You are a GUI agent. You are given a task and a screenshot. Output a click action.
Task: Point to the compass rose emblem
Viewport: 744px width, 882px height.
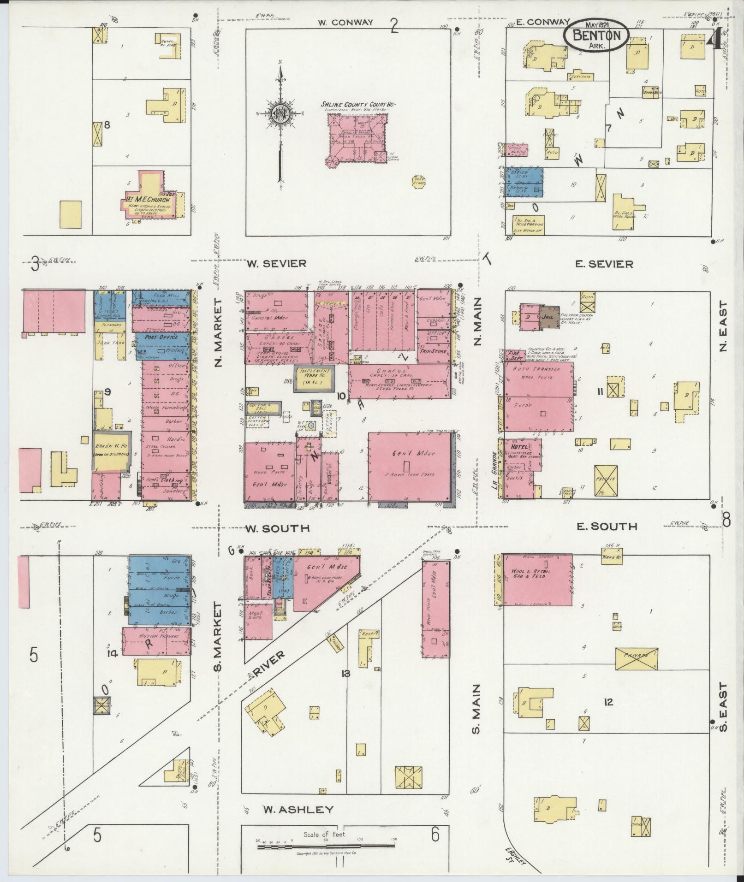280,113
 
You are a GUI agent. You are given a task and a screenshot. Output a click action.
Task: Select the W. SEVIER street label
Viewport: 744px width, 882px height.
276,264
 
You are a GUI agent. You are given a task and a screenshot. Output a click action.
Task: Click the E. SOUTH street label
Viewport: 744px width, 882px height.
607,527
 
